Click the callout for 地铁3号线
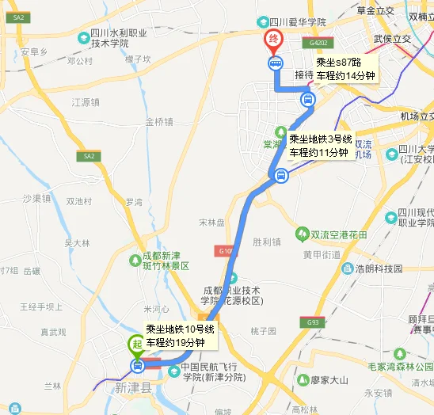tap(319, 146)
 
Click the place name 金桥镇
tap(158, 122)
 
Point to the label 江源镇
tap(86, 102)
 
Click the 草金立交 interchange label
tap(375, 10)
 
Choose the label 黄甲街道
tap(321, 254)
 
